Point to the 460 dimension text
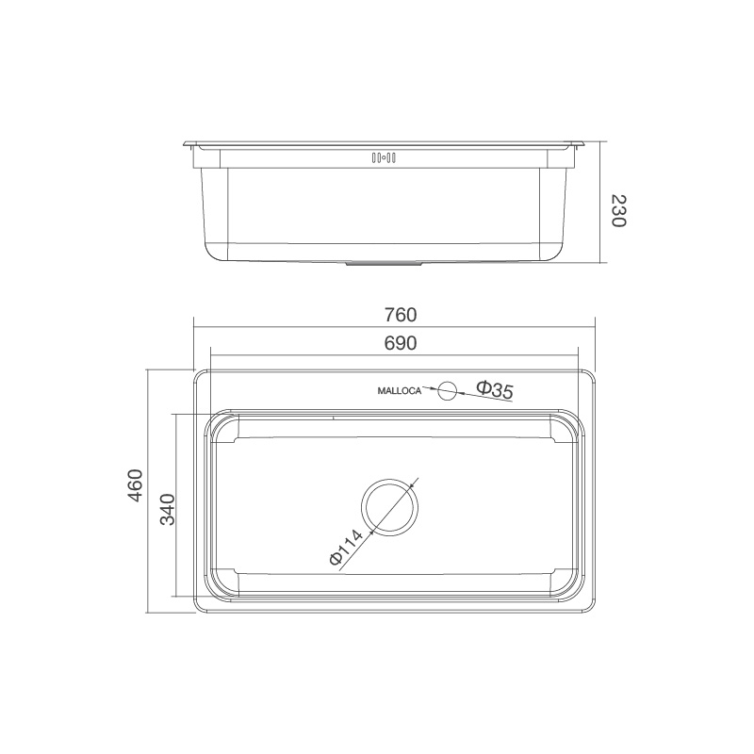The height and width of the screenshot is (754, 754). [x=136, y=485]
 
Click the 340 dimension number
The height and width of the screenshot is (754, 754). [x=168, y=509]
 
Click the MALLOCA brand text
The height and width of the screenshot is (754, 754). [x=399, y=389]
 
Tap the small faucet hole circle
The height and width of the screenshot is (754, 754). [x=447, y=389]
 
